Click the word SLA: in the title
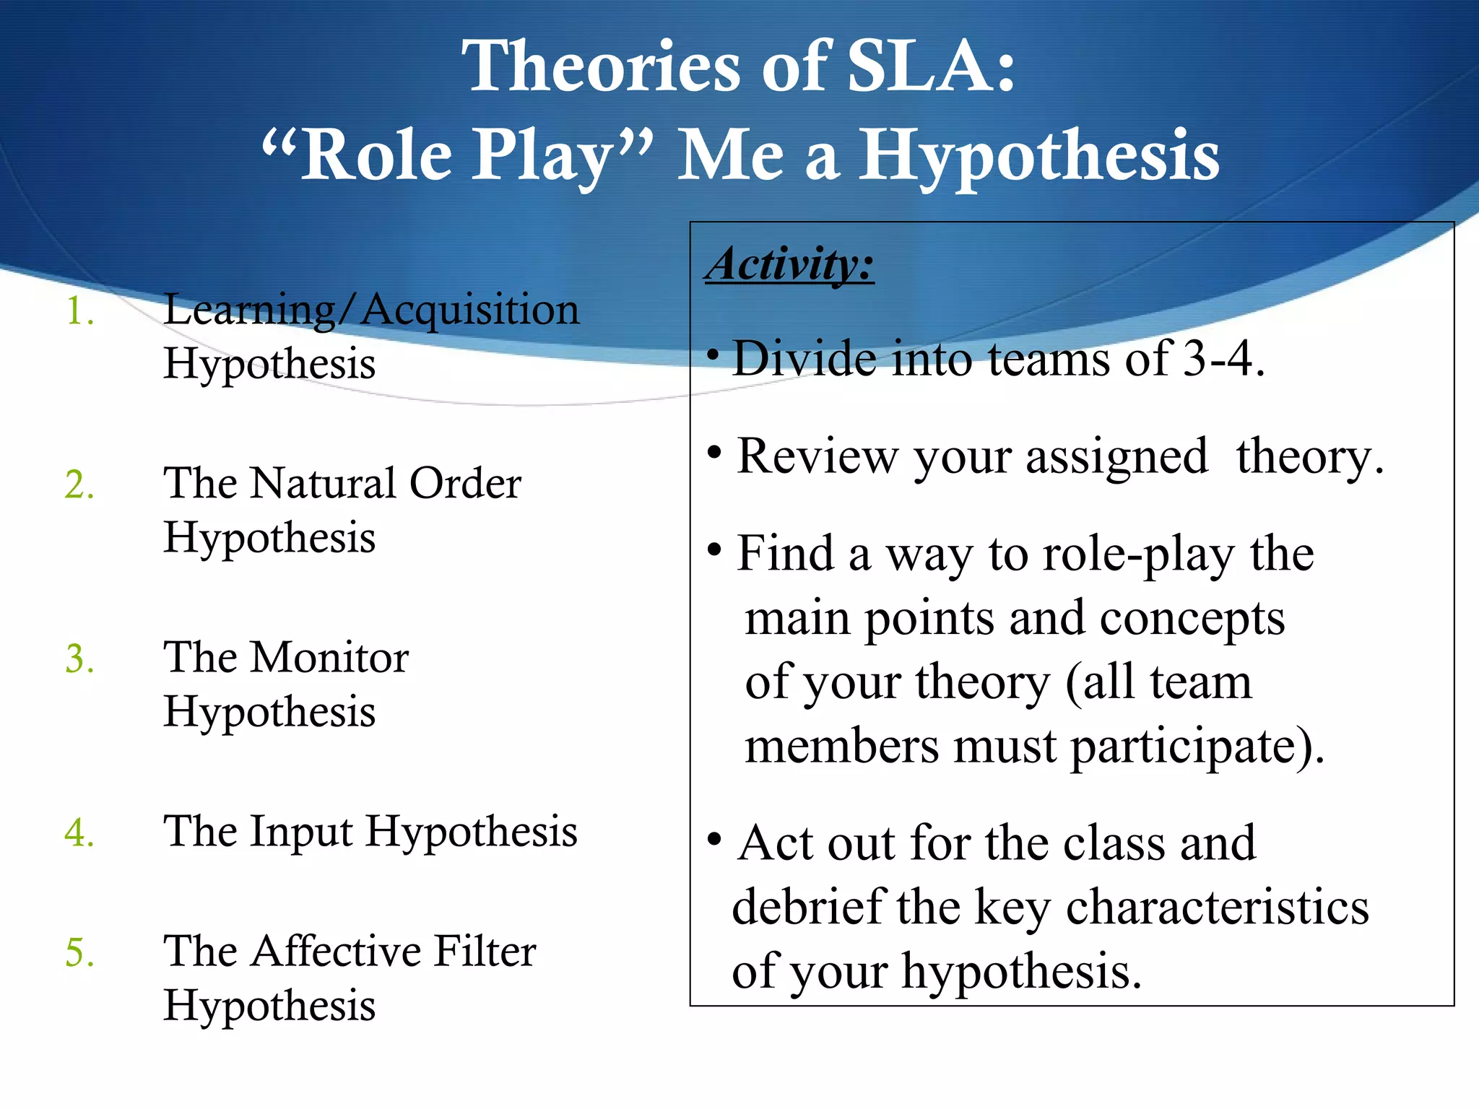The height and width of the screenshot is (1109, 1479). tap(931, 66)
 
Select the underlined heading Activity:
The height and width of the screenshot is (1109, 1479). tap(789, 264)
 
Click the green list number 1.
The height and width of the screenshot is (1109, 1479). tap(79, 312)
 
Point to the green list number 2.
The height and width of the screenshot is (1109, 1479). tap(79, 484)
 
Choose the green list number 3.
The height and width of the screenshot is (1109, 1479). tap(79, 658)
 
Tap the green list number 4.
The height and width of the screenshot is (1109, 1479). tap(79, 832)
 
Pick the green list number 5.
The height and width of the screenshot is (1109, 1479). tap(79, 952)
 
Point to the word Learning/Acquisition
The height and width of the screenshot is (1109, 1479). tap(371, 310)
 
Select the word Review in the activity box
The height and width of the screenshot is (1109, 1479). tap(816, 456)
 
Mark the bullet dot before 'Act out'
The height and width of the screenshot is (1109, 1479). tap(715, 840)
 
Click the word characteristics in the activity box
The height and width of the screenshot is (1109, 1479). tap(1217, 907)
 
